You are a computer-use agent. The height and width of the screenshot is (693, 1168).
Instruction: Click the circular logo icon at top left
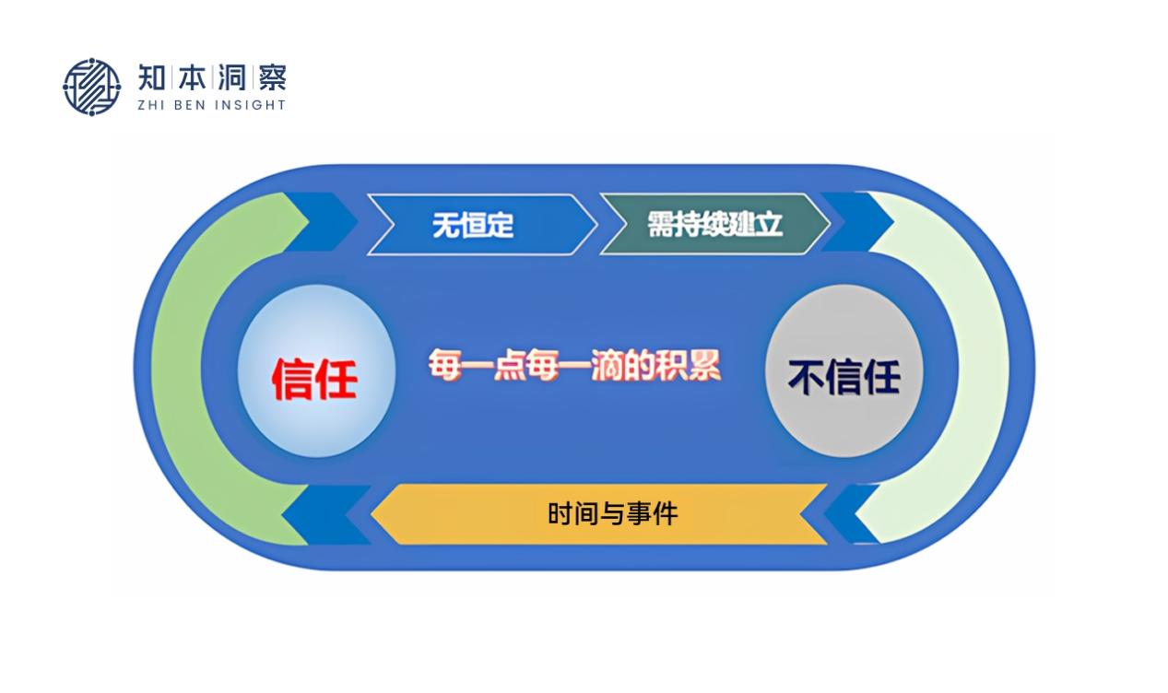92,87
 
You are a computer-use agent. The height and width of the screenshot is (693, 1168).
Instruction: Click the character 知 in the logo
152,77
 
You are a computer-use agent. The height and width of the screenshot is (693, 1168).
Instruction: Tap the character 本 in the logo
193,77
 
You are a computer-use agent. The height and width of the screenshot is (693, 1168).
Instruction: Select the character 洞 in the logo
232,77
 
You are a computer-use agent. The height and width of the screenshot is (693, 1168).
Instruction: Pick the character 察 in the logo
273,77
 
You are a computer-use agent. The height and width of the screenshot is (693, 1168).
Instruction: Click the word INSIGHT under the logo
251,105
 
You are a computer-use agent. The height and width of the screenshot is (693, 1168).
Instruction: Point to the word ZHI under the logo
150,105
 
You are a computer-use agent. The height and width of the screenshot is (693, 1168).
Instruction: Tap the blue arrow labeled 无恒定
482,225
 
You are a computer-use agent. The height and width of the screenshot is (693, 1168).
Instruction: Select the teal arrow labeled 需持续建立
714,225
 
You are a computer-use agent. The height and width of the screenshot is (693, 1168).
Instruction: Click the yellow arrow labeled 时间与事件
599,514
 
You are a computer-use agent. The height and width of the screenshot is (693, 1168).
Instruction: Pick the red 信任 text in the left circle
314,379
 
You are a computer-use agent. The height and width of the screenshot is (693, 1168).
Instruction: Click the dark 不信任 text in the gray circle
844,377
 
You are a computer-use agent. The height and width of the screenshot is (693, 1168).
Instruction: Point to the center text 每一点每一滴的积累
574,366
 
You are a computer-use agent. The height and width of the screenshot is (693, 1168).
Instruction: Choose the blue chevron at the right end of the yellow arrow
851,514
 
